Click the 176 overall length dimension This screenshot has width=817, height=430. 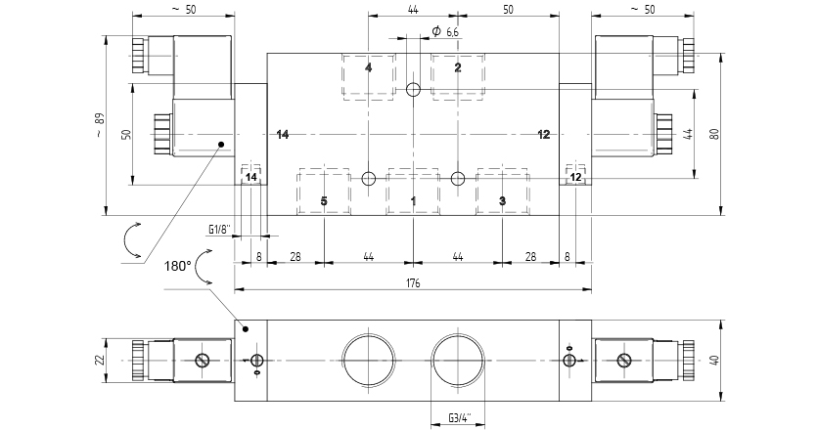pos(413,282)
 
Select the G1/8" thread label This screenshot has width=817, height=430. pos(219,229)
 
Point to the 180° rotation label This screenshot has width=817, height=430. pos(178,267)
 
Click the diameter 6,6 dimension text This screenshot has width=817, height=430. pos(445,31)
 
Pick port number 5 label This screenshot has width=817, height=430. pos(324,201)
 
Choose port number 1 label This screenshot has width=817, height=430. pos(413,201)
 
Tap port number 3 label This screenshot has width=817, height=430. pos(502,201)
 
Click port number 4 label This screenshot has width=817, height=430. pos(368,67)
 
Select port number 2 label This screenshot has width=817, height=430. pos(458,67)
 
